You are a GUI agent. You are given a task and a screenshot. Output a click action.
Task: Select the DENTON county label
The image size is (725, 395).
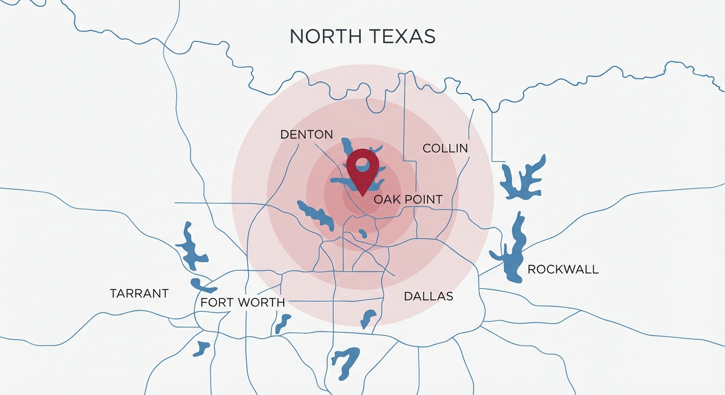[306, 135]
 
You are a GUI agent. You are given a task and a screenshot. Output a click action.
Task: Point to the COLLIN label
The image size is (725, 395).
[445, 149]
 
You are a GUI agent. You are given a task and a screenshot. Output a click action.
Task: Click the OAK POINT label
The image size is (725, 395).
[408, 200]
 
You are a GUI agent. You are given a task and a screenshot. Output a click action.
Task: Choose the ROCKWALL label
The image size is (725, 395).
[563, 270]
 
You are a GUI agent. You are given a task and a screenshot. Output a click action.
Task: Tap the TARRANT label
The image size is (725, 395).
[139, 294]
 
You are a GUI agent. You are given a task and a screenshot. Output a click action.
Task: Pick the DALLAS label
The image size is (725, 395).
[428, 296]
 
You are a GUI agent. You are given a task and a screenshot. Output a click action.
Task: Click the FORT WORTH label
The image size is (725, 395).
[242, 302]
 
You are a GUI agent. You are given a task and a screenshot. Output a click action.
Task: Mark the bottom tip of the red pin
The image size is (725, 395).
[362, 195]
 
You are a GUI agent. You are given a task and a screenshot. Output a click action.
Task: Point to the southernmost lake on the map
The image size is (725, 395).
[346, 362]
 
